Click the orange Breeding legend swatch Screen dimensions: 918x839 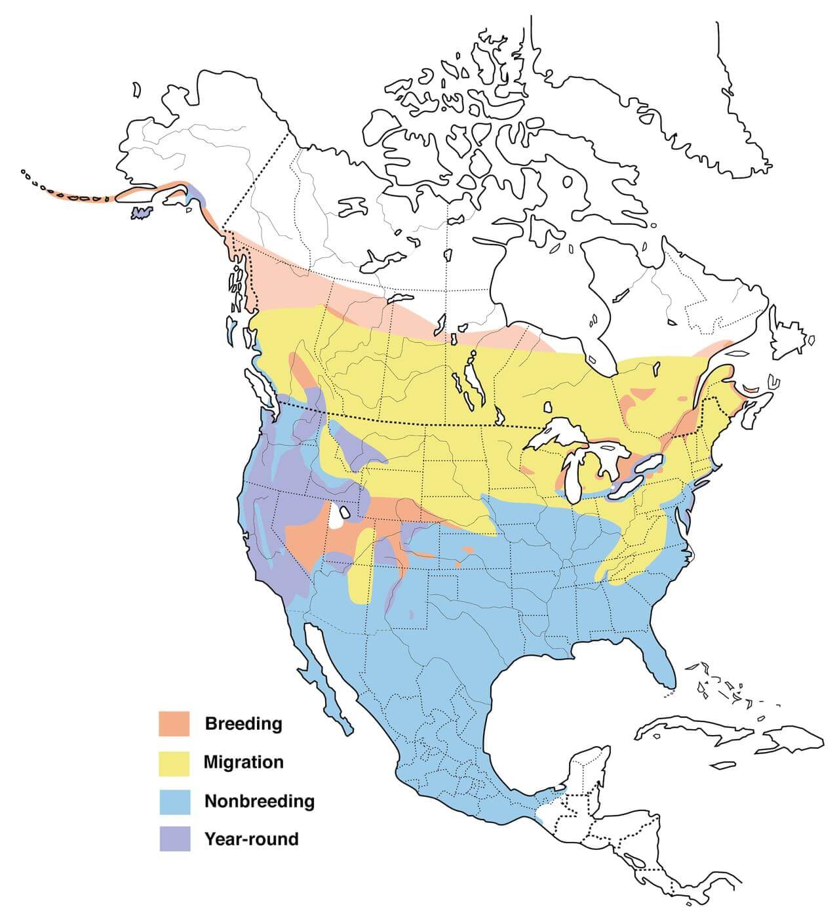point(174,724)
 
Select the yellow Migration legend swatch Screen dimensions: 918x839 point(174,763)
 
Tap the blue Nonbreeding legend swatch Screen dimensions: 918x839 point(174,801)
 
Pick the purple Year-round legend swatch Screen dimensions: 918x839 point(174,839)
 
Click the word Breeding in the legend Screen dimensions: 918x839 point(243,724)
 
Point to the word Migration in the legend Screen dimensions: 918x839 point(243,763)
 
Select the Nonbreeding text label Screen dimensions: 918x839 point(259,801)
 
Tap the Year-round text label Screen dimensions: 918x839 point(251,839)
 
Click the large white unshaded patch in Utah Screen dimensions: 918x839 point(337,517)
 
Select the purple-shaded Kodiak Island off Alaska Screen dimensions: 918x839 point(142,212)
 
